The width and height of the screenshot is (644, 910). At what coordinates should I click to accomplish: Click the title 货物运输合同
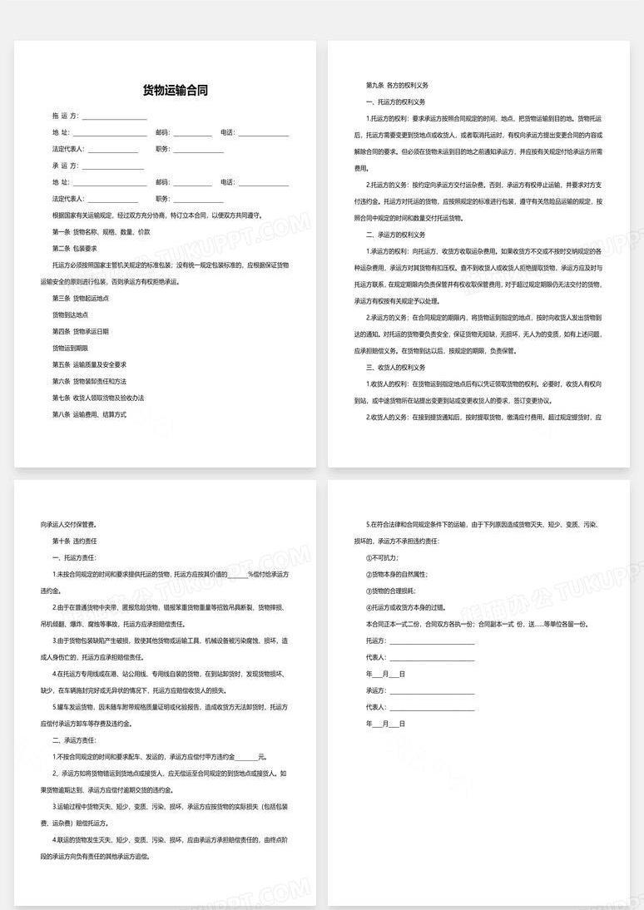tap(175, 91)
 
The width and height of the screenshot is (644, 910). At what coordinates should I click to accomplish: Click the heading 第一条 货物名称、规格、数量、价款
tap(101, 231)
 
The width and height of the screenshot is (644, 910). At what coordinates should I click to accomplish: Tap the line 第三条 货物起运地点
tap(81, 298)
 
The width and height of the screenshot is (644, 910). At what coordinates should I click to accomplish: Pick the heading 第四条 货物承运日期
tap(81, 331)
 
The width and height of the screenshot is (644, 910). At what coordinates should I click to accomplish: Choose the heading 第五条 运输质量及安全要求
tap(89, 364)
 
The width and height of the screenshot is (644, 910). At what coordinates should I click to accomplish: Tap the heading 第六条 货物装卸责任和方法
tap(89, 381)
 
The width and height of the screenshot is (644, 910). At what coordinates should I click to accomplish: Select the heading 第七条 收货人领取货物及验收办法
tap(97, 398)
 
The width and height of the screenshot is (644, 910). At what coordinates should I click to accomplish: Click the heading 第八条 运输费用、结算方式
tap(89, 413)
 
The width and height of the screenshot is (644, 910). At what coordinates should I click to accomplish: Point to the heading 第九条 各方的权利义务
tap(397, 86)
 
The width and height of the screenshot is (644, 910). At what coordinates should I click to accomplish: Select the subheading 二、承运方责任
tap(74, 739)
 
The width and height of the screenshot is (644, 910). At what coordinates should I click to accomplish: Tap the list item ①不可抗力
tap(382, 558)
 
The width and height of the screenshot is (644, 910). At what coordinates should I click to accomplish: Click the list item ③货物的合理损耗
tap(390, 591)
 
